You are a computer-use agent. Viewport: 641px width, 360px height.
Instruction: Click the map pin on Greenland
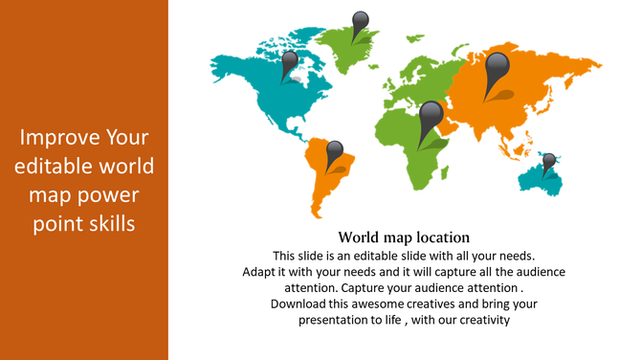coord(360,22)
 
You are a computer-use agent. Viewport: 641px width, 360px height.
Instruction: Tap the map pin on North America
coord(289,62)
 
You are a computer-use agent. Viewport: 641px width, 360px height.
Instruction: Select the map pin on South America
coord(334,152)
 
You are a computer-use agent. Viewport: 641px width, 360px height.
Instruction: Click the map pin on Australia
coord(549,161)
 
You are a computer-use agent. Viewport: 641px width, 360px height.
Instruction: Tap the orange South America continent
coord(325,182)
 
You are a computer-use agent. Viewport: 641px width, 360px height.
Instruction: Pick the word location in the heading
coord(439,236)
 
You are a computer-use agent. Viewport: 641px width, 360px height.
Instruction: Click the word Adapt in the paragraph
coord(259,272)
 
